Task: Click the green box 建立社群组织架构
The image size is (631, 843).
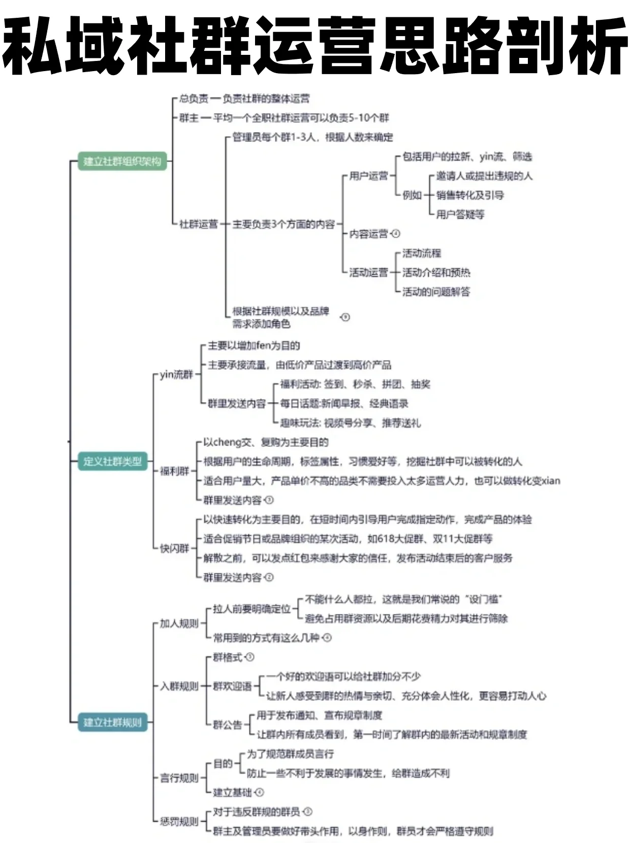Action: [x=122, y=161]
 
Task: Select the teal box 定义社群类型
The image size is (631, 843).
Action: [x=112, y=461]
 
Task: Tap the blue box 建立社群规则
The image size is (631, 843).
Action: [x=112, y=722]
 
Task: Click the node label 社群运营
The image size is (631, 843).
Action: [x=199, y=224]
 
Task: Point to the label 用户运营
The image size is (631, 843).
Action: [x=368, y=176]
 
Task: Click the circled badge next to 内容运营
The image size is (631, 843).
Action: [x=396, y=234]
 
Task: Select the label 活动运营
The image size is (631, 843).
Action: [x=368, y=272]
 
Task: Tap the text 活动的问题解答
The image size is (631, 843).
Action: [x=436, y=291]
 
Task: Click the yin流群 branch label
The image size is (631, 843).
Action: [x=176, y=375]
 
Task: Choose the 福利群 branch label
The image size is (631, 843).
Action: [x=174, y=471]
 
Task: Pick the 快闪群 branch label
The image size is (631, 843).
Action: [x=174, y=548]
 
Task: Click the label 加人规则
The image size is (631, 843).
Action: [x=179, y=623]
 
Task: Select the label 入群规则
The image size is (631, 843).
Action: [x=179, y=686]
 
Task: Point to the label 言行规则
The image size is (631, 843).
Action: [x=179, y=777]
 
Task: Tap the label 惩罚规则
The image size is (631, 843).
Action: [x=179, y=821]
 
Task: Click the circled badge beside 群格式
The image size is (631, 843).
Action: [x=249, y=657]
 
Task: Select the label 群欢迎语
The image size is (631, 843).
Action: [x=232, y=686]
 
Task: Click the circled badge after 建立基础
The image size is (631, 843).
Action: [x=260, y=792]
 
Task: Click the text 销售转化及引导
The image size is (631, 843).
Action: [x=470, y=195]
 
